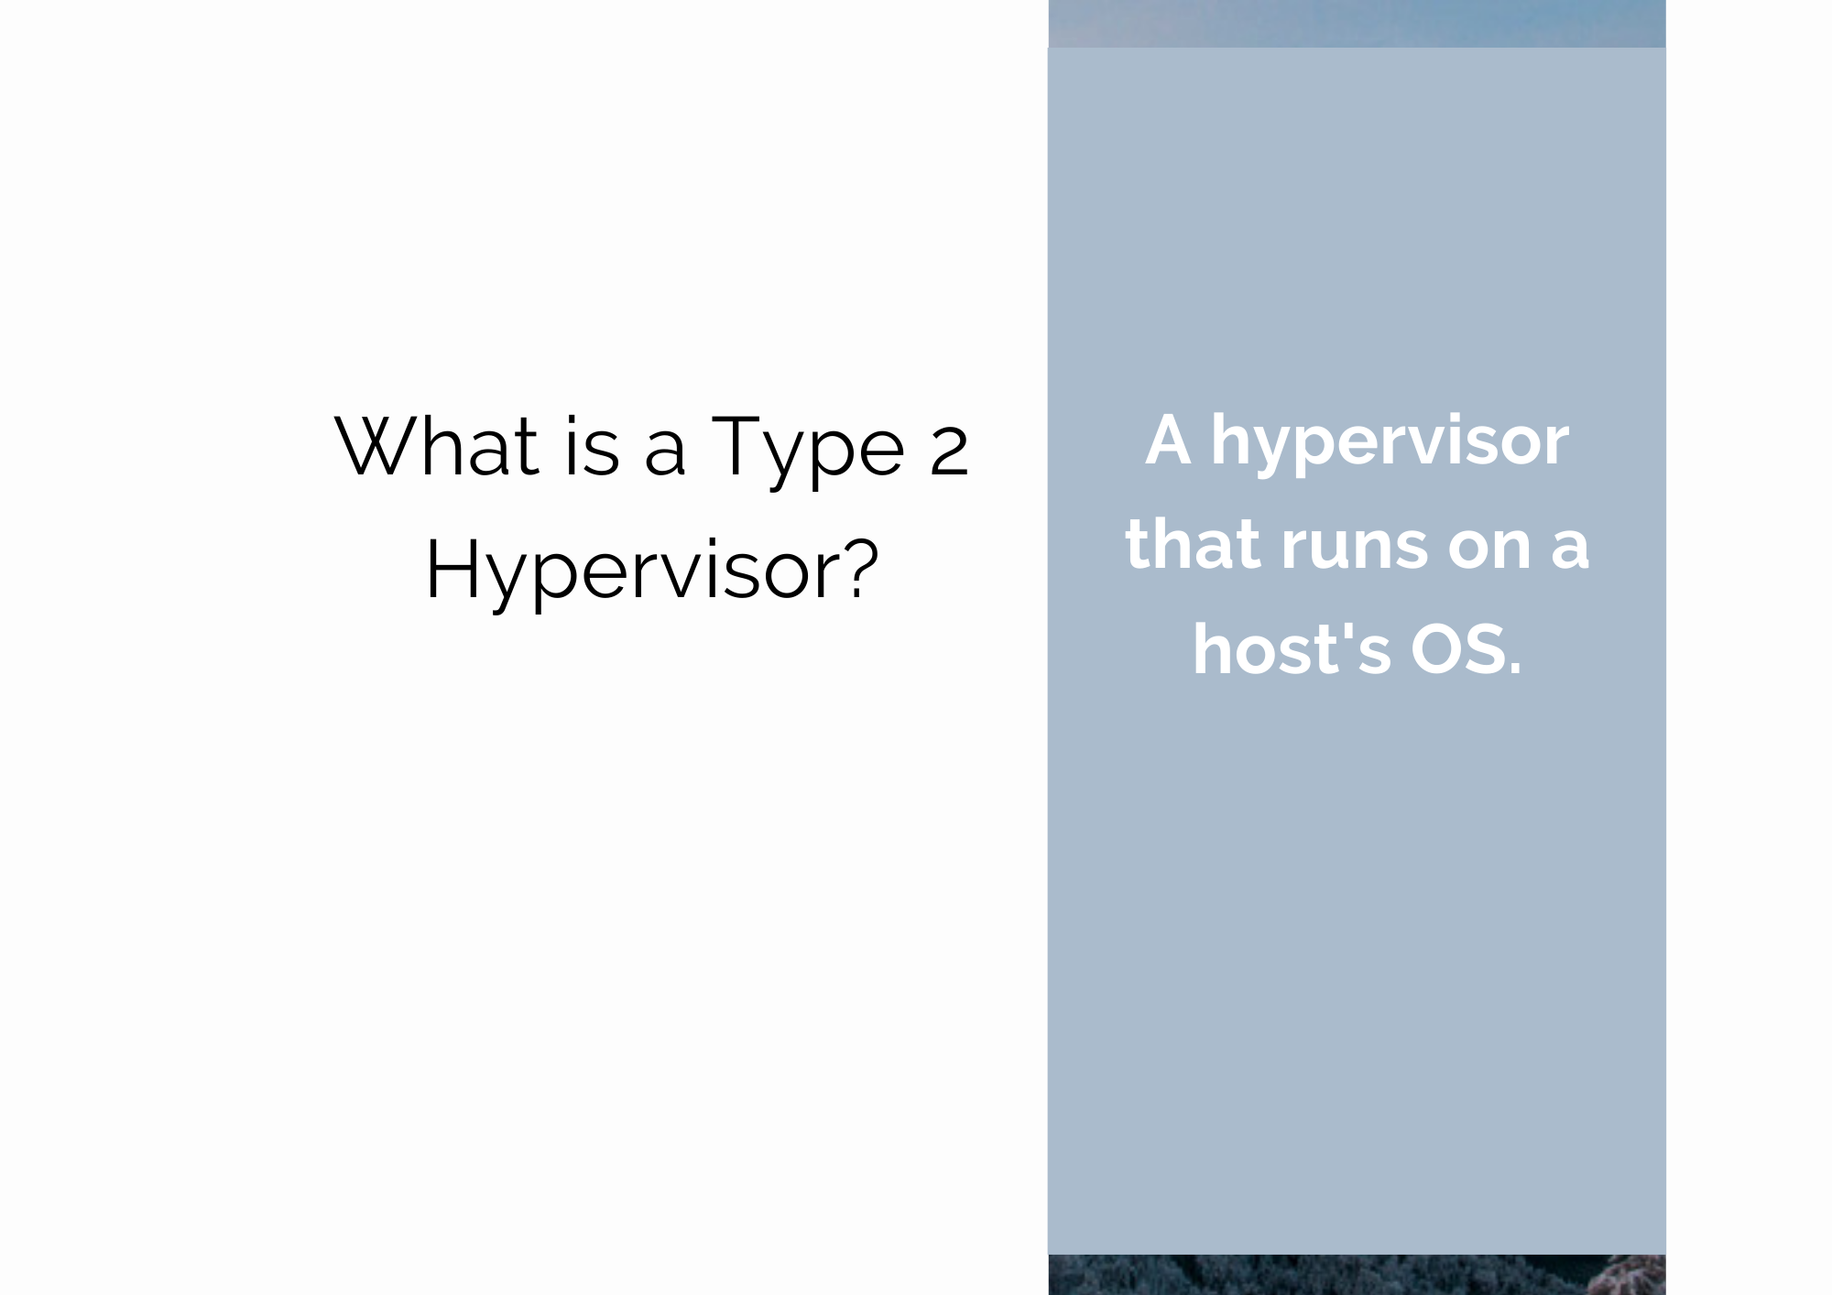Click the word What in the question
pos(437,446)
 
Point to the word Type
pos(808,450)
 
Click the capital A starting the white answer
pos(1169,441)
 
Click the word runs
pos(1355,550)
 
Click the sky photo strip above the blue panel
pos(1357,24)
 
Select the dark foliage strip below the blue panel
pos(1357,1275)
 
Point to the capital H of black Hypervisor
pos(452,568)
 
